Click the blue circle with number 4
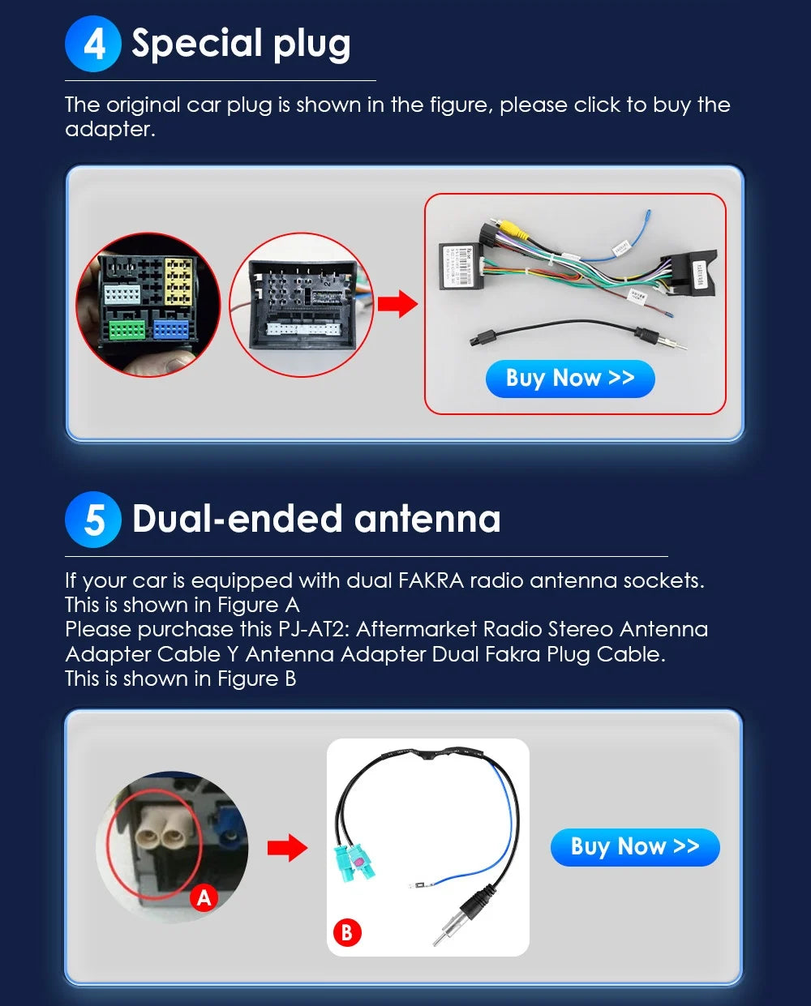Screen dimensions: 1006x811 point(93,44)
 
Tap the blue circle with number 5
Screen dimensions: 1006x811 point(93,520)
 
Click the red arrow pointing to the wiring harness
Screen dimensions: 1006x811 point(397,305)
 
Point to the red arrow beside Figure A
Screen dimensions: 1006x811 point(287,849)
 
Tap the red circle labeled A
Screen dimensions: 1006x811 point(204,897)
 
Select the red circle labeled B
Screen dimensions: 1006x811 point(346,932)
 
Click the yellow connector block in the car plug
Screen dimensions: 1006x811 point(178,281)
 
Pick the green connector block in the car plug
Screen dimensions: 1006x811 point(127,329)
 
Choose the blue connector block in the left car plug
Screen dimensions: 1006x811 point(170,328)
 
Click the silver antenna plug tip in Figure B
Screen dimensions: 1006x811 point(442,935)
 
